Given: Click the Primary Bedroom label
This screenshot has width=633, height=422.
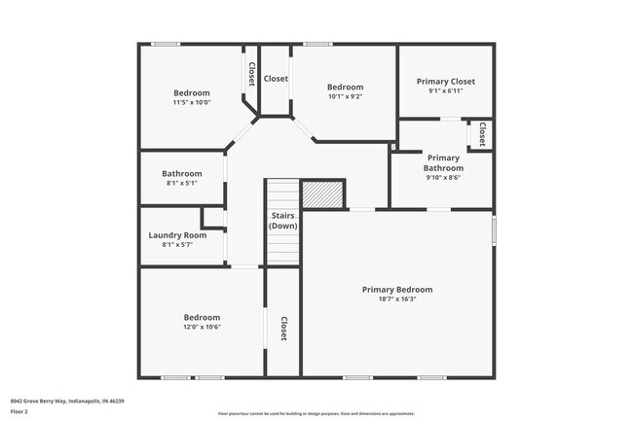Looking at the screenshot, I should click(397, 290).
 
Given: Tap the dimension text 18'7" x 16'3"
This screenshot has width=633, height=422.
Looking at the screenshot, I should click(397, 299).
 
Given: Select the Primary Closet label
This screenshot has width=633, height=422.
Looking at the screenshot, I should click(446, 81).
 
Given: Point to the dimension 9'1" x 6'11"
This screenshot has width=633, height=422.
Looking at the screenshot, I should click(446, 91).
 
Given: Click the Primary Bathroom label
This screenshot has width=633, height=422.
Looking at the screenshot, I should click(443, 162).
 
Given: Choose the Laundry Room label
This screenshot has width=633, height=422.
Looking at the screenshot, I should click(177, 235).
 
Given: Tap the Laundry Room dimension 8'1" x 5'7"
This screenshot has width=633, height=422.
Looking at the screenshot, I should click(177, 245).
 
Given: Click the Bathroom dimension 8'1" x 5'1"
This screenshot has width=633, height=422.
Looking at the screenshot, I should click(182, 183).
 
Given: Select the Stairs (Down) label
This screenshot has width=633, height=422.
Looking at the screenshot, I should click(283, 221).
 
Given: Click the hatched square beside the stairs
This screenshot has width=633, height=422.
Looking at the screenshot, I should click(322, 194).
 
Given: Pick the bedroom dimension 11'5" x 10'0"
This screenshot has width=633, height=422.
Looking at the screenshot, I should click(192, 102).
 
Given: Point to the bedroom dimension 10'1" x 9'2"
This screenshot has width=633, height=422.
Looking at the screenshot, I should click(345, 96).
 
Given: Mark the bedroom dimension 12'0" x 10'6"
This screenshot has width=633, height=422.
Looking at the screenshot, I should click(203, 327).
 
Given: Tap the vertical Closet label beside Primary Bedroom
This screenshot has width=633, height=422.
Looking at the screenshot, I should click(283, 330).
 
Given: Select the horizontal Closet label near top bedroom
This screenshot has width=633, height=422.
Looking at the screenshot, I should click(276, 79).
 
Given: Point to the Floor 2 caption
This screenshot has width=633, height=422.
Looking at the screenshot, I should click(19, 411).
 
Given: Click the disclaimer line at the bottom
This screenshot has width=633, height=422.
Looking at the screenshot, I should click(316, 414).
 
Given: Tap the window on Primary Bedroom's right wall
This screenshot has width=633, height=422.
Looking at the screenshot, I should click(494, 229).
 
